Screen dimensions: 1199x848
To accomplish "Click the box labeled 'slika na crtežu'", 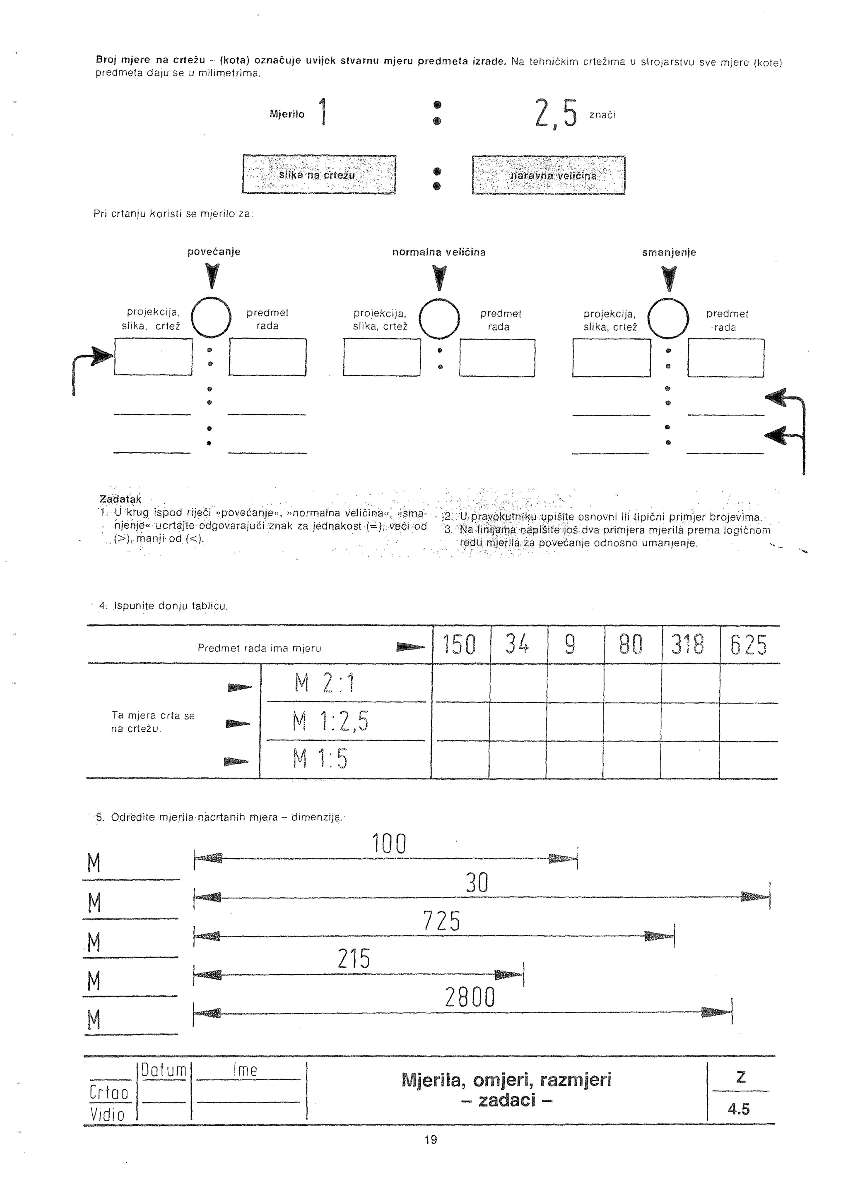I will point(319,175).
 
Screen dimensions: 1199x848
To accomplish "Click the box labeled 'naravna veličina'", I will point(549,175).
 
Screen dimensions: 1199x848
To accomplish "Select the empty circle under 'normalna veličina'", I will point(439,319).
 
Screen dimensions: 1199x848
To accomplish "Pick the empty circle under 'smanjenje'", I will point(668,319).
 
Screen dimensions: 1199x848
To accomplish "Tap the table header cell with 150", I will point(460,645).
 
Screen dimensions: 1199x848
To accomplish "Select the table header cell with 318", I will point(688,645).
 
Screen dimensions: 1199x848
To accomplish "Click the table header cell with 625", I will point(749,645).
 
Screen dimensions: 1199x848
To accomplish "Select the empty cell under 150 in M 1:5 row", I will point(460,759).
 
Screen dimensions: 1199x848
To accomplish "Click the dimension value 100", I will point(389,844).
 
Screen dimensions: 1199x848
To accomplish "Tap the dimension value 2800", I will point(470,998).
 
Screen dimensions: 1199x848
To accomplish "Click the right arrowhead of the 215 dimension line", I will point(509,974).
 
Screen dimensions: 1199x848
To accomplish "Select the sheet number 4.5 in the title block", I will point(739,1109).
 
